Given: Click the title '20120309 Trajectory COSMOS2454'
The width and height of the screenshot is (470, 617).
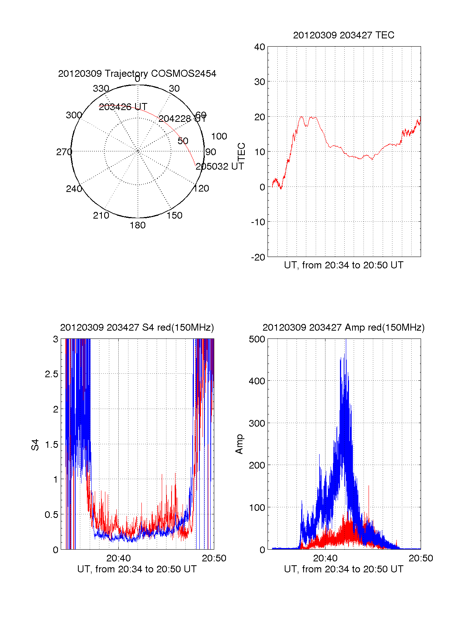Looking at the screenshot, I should point(137,74).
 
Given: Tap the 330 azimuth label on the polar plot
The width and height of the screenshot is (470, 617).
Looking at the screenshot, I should point(101,89).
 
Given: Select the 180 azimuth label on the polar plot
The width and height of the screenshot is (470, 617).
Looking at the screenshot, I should point(137,225).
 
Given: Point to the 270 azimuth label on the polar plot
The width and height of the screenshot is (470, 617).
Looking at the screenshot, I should point(64,152).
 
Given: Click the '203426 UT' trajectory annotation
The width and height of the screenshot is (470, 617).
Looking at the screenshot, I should point(123,107).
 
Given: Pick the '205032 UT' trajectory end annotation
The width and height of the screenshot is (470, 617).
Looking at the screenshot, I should point(220,166).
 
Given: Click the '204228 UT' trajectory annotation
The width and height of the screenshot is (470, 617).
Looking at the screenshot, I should point(182,119).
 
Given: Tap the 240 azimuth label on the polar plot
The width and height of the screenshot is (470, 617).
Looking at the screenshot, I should point(74,189).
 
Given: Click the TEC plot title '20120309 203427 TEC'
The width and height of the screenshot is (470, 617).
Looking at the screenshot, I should point(343,35).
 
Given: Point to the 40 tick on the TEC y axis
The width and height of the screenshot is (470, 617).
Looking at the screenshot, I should point(260,47).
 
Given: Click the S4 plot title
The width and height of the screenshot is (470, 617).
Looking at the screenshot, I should point(137,327).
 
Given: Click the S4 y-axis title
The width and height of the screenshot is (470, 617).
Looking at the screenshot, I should point(35,445).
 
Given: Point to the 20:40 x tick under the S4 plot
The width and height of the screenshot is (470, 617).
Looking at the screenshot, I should point(118,558).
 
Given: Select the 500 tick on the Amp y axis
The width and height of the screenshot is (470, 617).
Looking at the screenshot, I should point(257,339).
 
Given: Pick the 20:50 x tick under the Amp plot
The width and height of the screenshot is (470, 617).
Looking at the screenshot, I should point(421,558).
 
